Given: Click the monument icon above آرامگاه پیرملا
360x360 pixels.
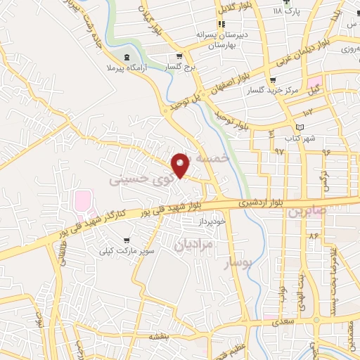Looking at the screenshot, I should [x=126, y=56].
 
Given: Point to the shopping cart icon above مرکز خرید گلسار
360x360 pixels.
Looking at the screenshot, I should [x=272, y=80].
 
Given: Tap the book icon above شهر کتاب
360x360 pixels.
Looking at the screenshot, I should [x=300, y=127].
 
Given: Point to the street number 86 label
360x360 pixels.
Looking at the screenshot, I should [x=312, y=237].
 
